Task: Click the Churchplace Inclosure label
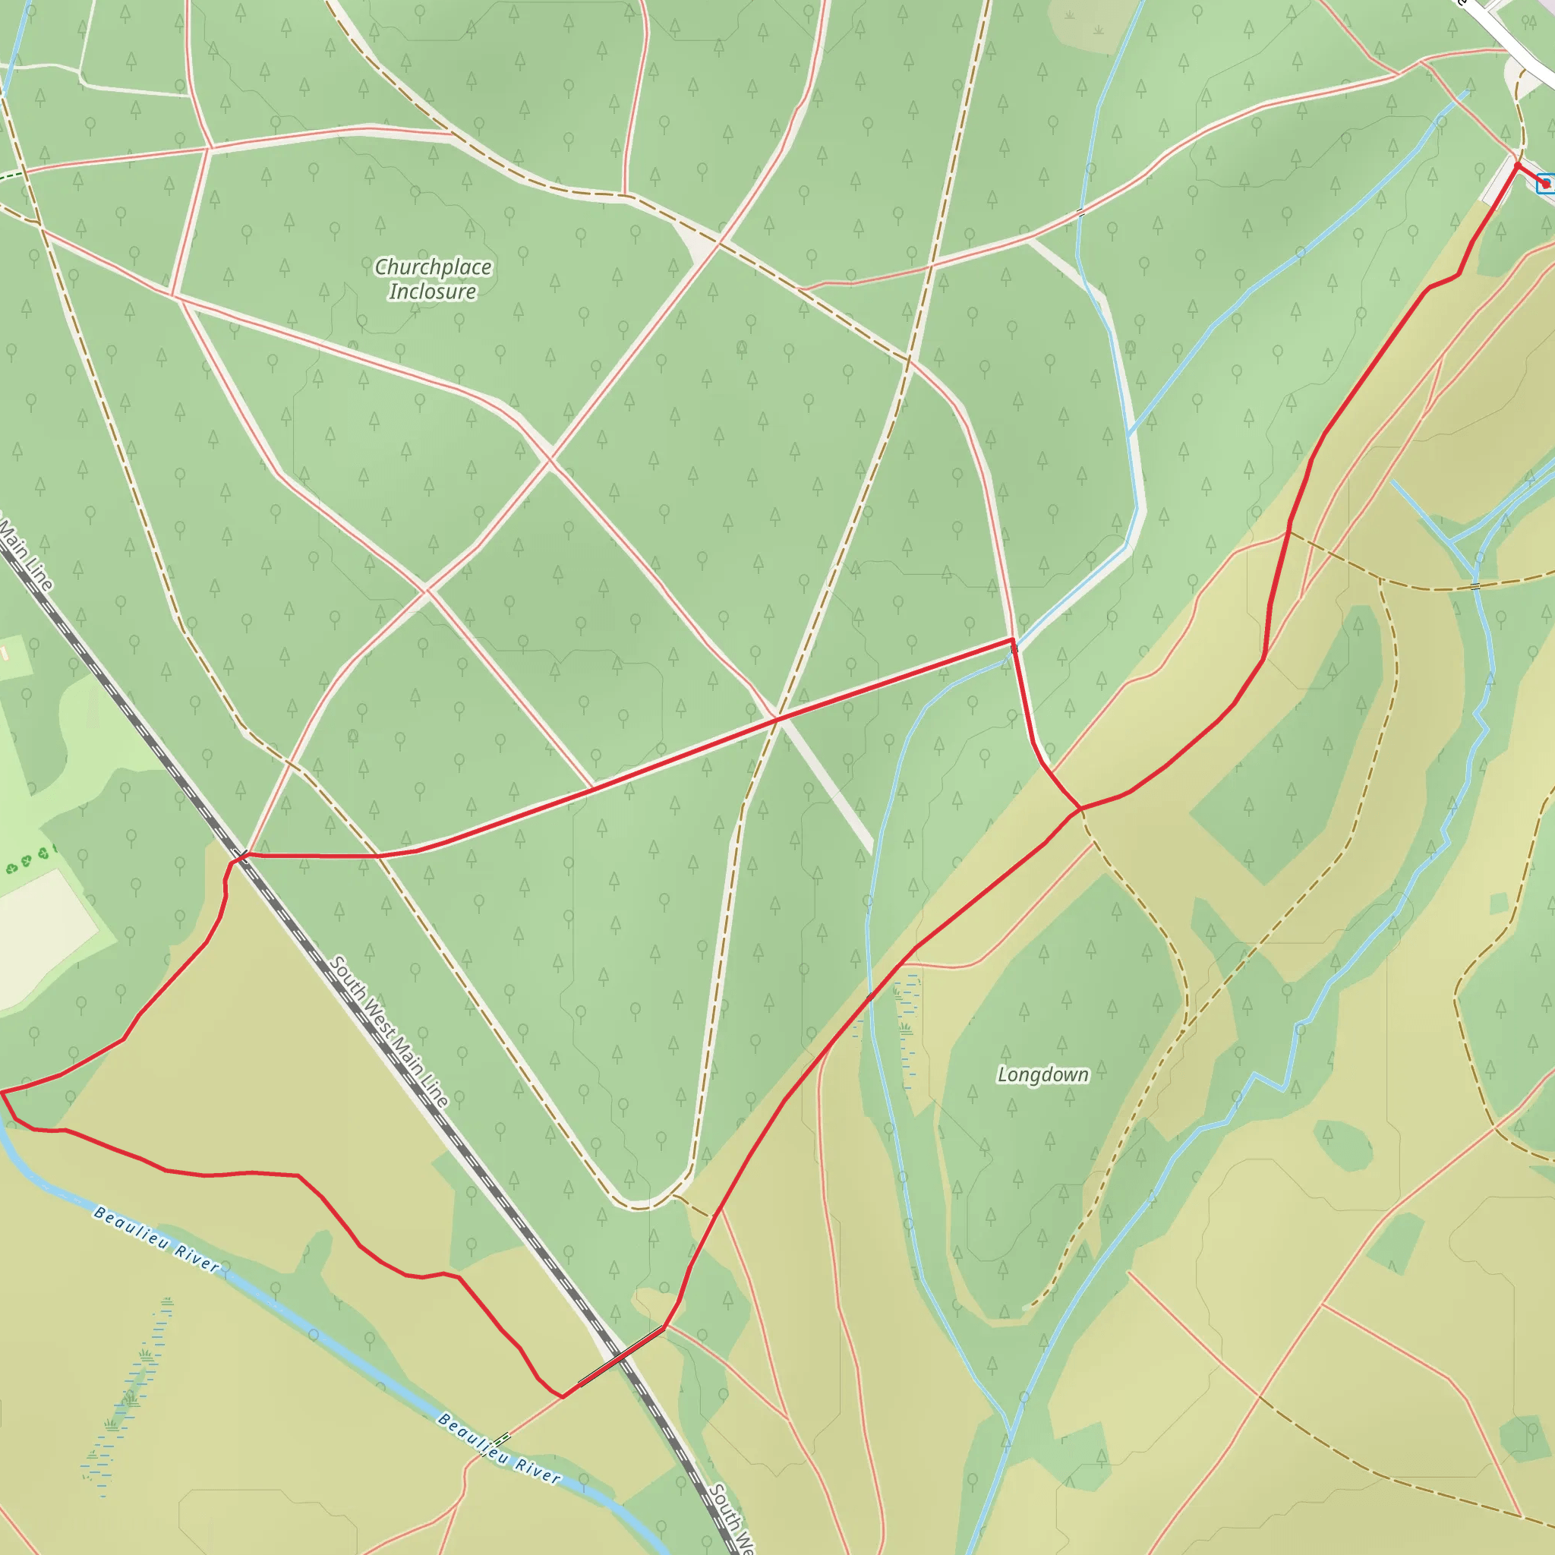tap(433, 279)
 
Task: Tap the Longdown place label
tap(1042, 1074)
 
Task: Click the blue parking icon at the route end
tap(1545, 185)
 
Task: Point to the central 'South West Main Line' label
tap(389, 1031)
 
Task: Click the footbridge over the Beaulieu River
tap(502, 1438)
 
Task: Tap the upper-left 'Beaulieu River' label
tap(156, 1239)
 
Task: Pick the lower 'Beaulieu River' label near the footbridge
tap(499, 1449)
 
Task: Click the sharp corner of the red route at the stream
tap(1013, 641)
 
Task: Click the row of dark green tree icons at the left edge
tap(28, 861)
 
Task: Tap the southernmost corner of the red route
tap(563, 1396)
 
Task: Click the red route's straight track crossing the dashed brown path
tap(777, 716)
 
